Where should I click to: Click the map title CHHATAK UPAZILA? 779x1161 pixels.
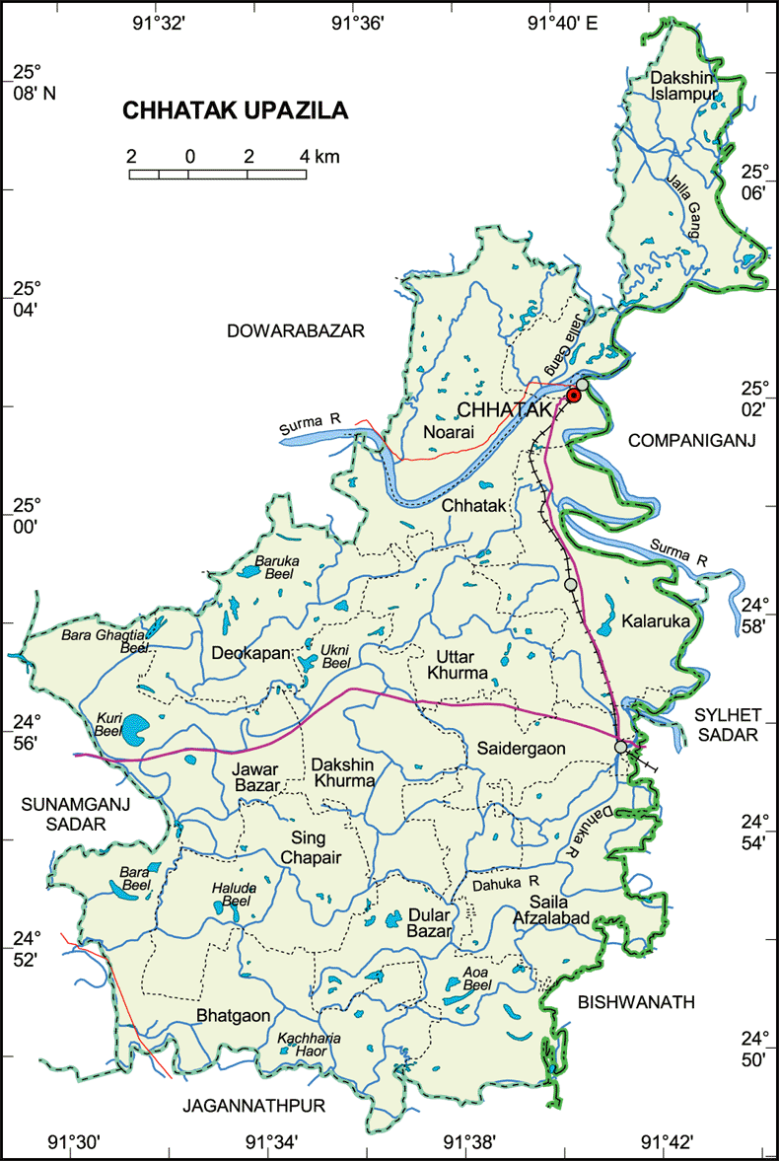235,110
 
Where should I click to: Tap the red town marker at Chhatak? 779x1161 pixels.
573,396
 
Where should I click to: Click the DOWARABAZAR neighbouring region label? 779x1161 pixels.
296,330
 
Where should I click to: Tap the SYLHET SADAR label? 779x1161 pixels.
726,723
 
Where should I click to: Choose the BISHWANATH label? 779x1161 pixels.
636,1002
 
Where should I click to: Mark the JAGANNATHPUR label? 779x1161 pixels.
253,1106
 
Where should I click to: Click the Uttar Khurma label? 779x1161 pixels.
457,664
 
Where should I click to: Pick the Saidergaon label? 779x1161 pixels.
522,749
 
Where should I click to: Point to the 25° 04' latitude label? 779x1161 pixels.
26,299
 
